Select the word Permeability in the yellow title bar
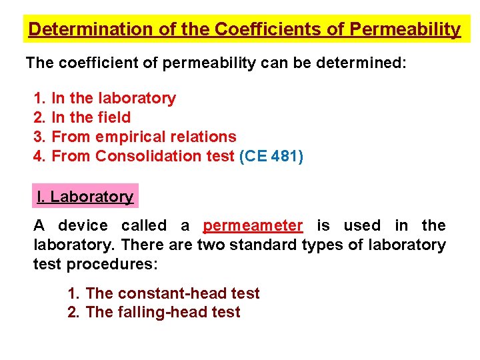coord(405,30)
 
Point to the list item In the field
coord(91,117)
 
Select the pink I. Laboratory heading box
coord(85,197)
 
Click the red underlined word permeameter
coord(253,226)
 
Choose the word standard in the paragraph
coord(261,245)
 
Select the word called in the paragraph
coord(143,226)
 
